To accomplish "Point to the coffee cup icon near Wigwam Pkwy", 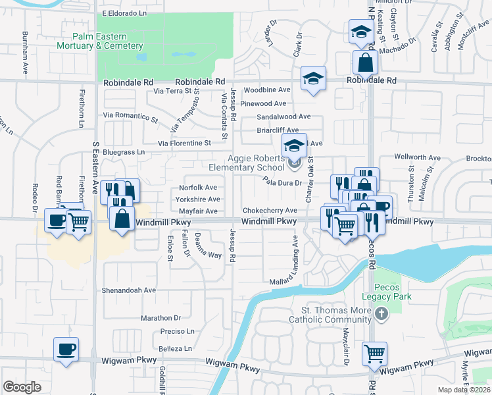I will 66,349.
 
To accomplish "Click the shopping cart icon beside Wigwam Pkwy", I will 374,354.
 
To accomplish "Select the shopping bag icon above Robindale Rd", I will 365,63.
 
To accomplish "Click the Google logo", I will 22,387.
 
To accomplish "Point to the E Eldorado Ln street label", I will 132,13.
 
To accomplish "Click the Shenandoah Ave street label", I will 128,290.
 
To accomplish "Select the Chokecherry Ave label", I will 270,211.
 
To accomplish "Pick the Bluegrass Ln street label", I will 123,152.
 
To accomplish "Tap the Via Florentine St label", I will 184,142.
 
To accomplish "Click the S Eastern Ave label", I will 95,168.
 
